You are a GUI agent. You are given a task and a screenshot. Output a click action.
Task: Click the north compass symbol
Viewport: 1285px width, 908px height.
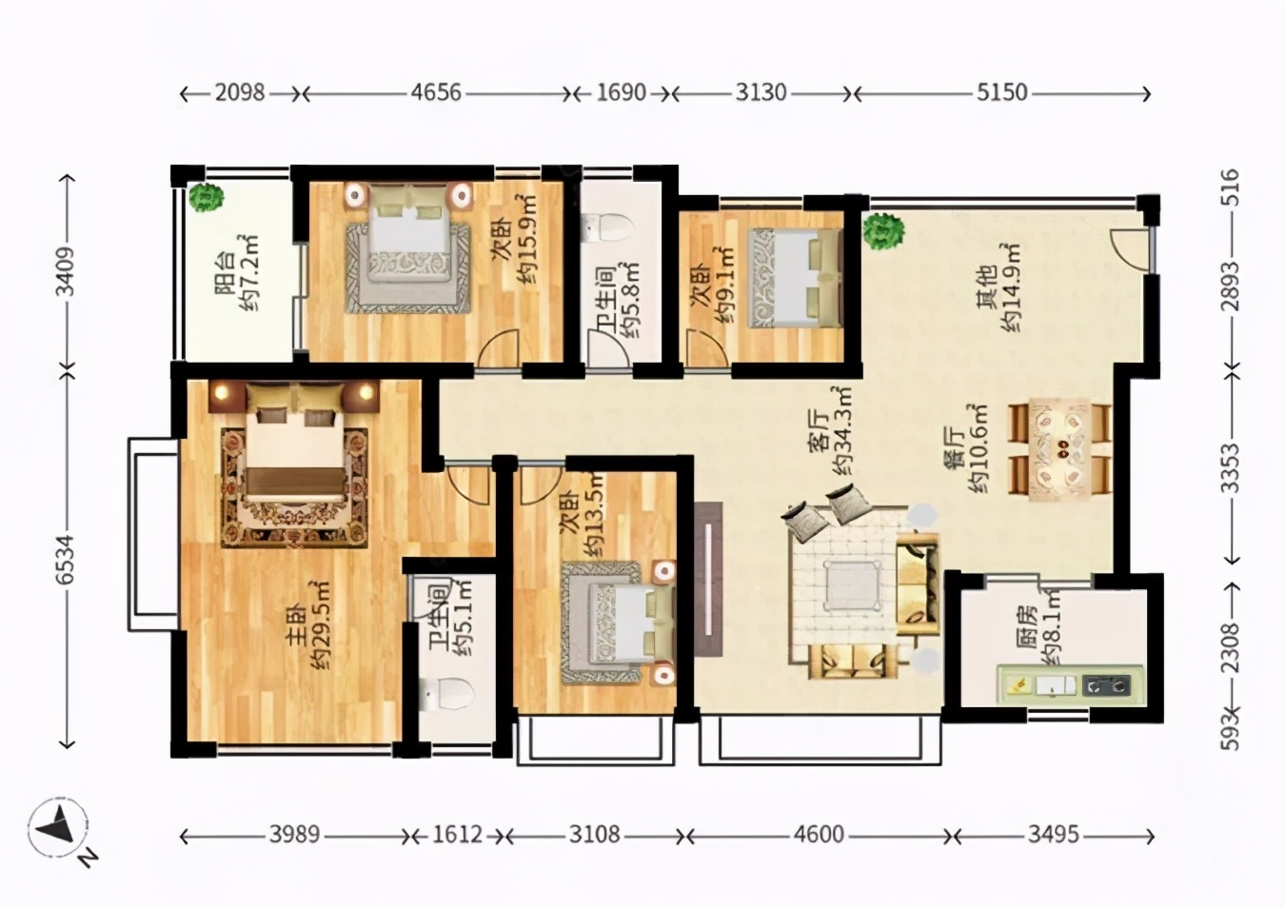(58, 826)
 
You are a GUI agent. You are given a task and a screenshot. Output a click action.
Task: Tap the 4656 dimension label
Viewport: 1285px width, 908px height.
(435, 92)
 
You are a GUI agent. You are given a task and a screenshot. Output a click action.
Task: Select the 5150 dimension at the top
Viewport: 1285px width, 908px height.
(1001, 92)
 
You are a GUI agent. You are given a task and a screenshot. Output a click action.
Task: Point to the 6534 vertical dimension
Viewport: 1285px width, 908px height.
(67, 560)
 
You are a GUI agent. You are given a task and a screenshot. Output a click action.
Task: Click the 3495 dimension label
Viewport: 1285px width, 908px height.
(1053, 835)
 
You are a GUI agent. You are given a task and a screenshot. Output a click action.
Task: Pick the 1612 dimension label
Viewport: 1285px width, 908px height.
(457, 835)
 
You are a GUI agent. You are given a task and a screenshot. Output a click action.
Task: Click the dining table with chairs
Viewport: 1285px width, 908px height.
(1059, 449)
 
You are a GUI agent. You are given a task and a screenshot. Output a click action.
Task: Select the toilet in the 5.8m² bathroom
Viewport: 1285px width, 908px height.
(605, 227)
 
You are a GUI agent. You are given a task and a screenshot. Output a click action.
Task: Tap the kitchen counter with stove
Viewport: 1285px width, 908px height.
(1071, 685)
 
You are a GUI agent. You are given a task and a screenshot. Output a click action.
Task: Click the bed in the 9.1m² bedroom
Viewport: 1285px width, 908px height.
(796, 278)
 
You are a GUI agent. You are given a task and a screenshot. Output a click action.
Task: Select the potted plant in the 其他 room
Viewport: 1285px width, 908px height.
(884, 231)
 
